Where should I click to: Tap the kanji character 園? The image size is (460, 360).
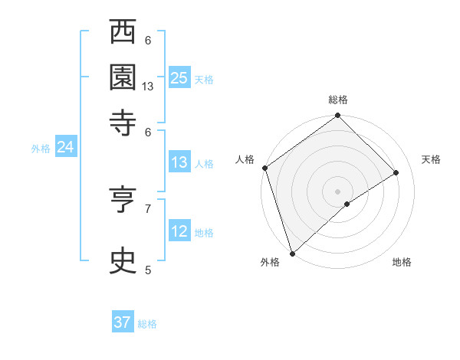pyautogui.click(x=123, y=77)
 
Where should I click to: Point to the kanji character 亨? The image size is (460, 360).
pyautogui.click(x=123, y=200)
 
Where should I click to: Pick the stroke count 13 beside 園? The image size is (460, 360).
pyautogui.click(x=148, y=87)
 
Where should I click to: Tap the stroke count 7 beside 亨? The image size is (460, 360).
pyautogui.click(x=148, y=208)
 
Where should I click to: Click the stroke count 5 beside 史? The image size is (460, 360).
pyautogui.click(x=148, y=270)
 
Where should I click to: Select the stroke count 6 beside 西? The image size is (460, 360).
pyautogui.click(x=148, y=41)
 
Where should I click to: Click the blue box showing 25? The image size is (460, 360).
pyautogui.click(x=179, y=77)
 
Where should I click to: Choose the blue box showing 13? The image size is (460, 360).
pyautogui.click(x=179, y=162)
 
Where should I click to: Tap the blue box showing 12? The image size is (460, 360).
pyautogui.click(x=179, y=231)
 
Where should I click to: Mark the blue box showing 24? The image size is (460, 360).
pyautogui.click(x=65, y=147)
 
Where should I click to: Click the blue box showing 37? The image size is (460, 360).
pyautogui.click(x=123, y=322)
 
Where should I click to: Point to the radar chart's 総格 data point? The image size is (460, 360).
pyautogui.click(x=337, y=116)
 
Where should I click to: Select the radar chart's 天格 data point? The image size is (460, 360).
pyautogui.click(x=396, y=172)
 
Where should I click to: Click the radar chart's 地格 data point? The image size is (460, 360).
pyautogui.click(x=347, y=204)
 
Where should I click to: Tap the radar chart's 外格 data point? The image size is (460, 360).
pyautogui.click(x=292, y=253)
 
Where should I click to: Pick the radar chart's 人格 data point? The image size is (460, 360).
pyautogui.click(x=264, y=168)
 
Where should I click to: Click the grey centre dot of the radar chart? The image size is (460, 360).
pyautogui.click(x=337, y=191)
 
